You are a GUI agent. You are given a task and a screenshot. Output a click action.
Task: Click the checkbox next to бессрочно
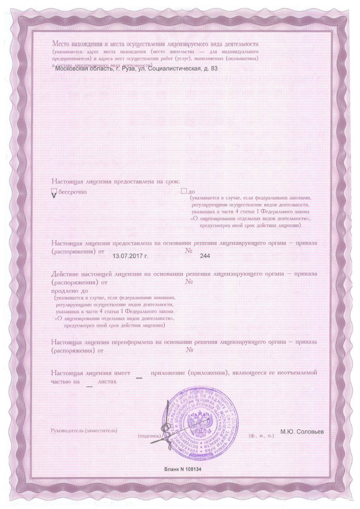pos(54,192)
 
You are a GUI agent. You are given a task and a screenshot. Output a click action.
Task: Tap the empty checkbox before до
pos(183,191)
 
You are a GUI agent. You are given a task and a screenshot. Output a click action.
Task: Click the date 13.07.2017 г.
pos(131,256)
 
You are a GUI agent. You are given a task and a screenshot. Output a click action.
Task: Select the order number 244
pos(205,256)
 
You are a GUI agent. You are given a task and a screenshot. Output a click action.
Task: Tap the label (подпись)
pos(149,435)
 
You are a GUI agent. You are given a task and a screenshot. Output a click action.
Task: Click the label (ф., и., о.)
pos(261,435)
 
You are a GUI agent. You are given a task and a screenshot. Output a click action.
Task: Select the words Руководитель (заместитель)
pos(84,431)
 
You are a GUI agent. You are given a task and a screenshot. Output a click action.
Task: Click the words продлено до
pos(70,291)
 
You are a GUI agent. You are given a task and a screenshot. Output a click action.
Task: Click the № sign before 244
pos(189,251)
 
